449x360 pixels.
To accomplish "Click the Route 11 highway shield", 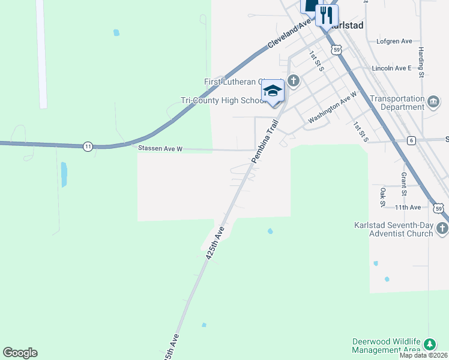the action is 88,146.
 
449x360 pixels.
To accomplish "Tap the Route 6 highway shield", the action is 411,140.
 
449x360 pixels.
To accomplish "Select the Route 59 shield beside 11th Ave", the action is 439,208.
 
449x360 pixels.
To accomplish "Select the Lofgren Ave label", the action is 394,41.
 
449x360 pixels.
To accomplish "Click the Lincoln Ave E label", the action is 391,68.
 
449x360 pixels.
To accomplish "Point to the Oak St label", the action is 382,197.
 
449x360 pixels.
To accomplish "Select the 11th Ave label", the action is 408,207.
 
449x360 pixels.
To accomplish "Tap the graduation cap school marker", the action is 273,92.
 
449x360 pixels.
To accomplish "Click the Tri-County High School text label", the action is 223,101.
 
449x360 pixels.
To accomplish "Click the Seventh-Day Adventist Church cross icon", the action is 442,228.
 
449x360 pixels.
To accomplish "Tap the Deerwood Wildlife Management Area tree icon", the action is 429,344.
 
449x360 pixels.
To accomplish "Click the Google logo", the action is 20,353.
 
